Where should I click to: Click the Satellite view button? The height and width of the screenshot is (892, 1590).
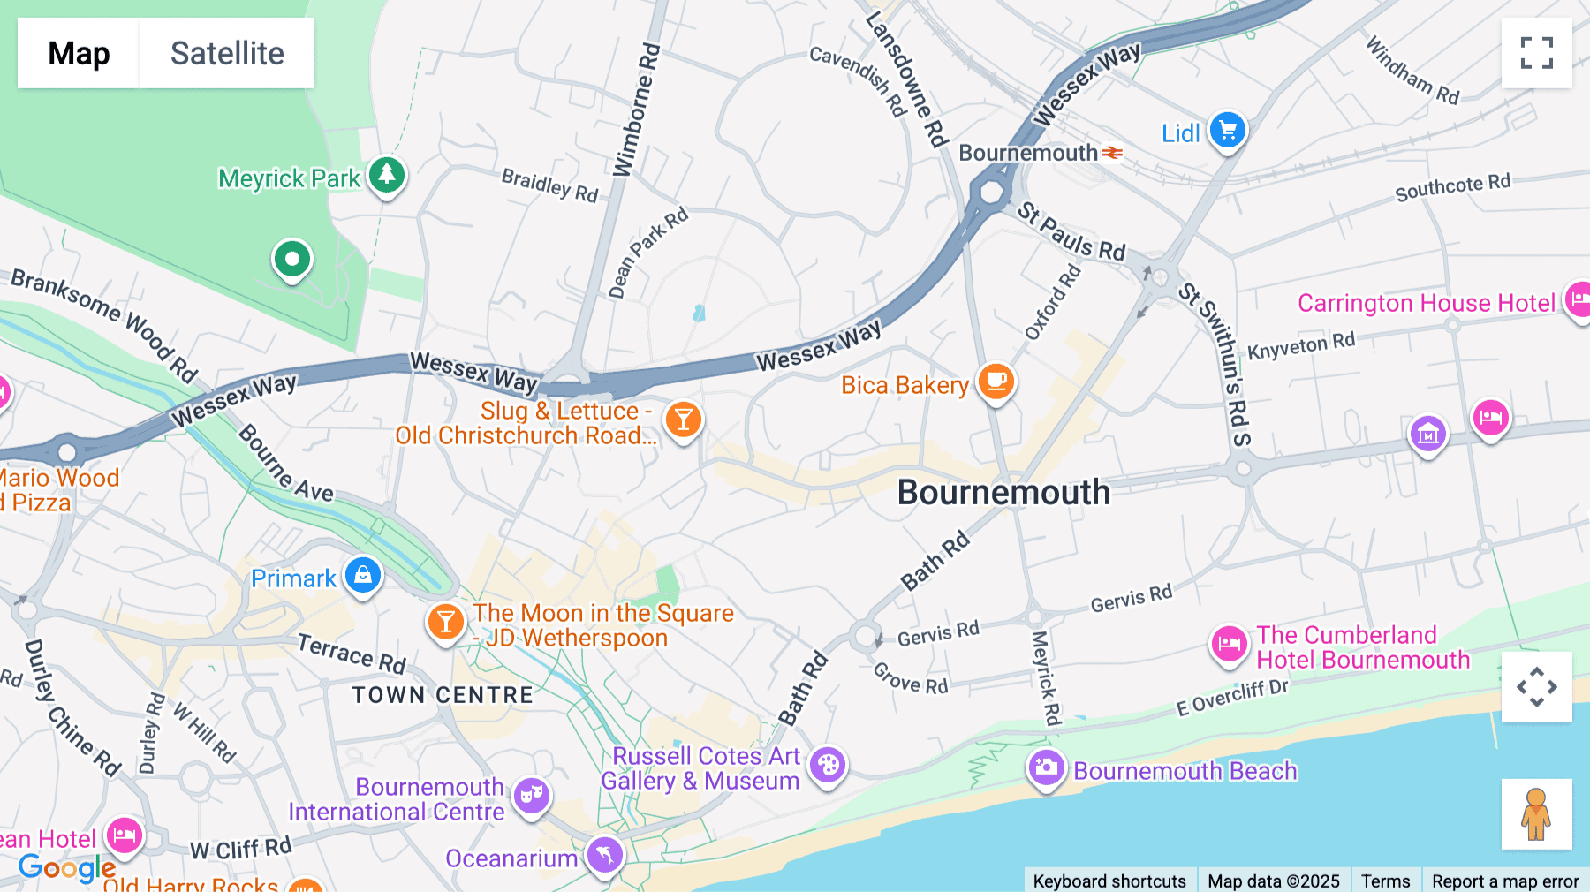[x=227, y=53]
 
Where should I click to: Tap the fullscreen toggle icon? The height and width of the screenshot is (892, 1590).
[x=1536, y=53]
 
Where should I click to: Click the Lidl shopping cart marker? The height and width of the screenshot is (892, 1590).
[x=1227, y=131]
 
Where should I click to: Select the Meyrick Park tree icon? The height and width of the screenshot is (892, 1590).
[x=386, y=175]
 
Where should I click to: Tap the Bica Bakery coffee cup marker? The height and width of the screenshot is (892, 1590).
[x=996, y=382]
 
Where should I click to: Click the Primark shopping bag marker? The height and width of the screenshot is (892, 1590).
[x=362, y=576]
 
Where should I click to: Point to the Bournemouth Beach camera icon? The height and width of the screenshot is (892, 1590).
[x=1046, y=767]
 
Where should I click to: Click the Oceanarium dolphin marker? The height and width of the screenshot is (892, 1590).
[x=605, y=854]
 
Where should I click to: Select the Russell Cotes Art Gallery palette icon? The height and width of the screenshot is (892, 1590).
[x=828, y=766]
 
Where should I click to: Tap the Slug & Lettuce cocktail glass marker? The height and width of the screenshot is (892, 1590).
[x=683, y=420]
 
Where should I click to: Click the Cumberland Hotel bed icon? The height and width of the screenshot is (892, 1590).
[x=1228, y=644]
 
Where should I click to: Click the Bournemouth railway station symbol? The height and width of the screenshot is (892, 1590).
[x=1112, y=153]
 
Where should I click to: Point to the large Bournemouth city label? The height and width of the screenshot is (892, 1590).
[x=1003, y=493]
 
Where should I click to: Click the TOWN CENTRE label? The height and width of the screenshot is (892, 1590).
[x=443, y=695]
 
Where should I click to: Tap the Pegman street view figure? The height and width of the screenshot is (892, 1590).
[x=1536, y=814]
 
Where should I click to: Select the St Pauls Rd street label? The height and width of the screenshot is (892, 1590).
[x=1071, y=231]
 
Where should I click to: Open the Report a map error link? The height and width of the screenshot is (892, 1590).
[x=1505, y=881]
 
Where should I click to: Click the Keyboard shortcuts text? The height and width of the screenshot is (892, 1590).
[x=1109, y=881]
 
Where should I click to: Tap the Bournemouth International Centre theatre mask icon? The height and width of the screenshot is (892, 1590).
[x=531, y=796]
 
